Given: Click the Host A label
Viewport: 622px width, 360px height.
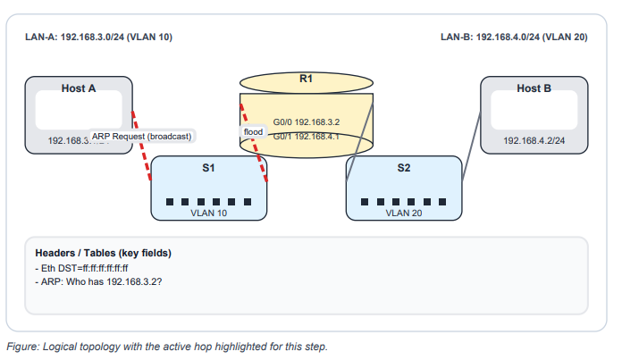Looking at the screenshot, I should point(79,88).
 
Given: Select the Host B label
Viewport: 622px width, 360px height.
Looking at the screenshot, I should point(534,88).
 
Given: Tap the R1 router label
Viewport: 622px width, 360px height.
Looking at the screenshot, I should point(306,80).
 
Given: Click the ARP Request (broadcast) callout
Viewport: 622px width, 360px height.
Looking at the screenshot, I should point(142,136).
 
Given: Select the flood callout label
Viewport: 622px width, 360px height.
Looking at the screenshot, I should point(253,131).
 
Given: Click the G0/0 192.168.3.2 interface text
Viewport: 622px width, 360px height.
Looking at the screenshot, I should point(307,121).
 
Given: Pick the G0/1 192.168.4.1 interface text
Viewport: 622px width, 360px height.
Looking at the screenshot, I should point(307,137).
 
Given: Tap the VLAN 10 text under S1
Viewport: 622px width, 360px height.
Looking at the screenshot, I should point(208,213).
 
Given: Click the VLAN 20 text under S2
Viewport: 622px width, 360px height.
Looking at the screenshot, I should point(403,213).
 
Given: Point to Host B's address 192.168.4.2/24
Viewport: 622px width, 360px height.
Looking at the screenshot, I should point(534,140).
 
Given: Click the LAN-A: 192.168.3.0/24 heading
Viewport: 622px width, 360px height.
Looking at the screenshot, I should point(98,38).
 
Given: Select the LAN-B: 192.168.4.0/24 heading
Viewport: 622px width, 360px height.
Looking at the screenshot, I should point(514,38).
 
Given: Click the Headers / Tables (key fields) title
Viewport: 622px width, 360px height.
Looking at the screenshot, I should point(103,253).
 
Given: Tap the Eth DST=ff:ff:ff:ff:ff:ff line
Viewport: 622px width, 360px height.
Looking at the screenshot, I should point(81,268).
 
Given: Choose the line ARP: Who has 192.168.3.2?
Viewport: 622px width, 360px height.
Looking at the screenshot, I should point(103,281).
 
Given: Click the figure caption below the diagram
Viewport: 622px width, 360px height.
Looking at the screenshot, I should point(167,346).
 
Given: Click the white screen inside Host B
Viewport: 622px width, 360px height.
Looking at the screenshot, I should point(534,113).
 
